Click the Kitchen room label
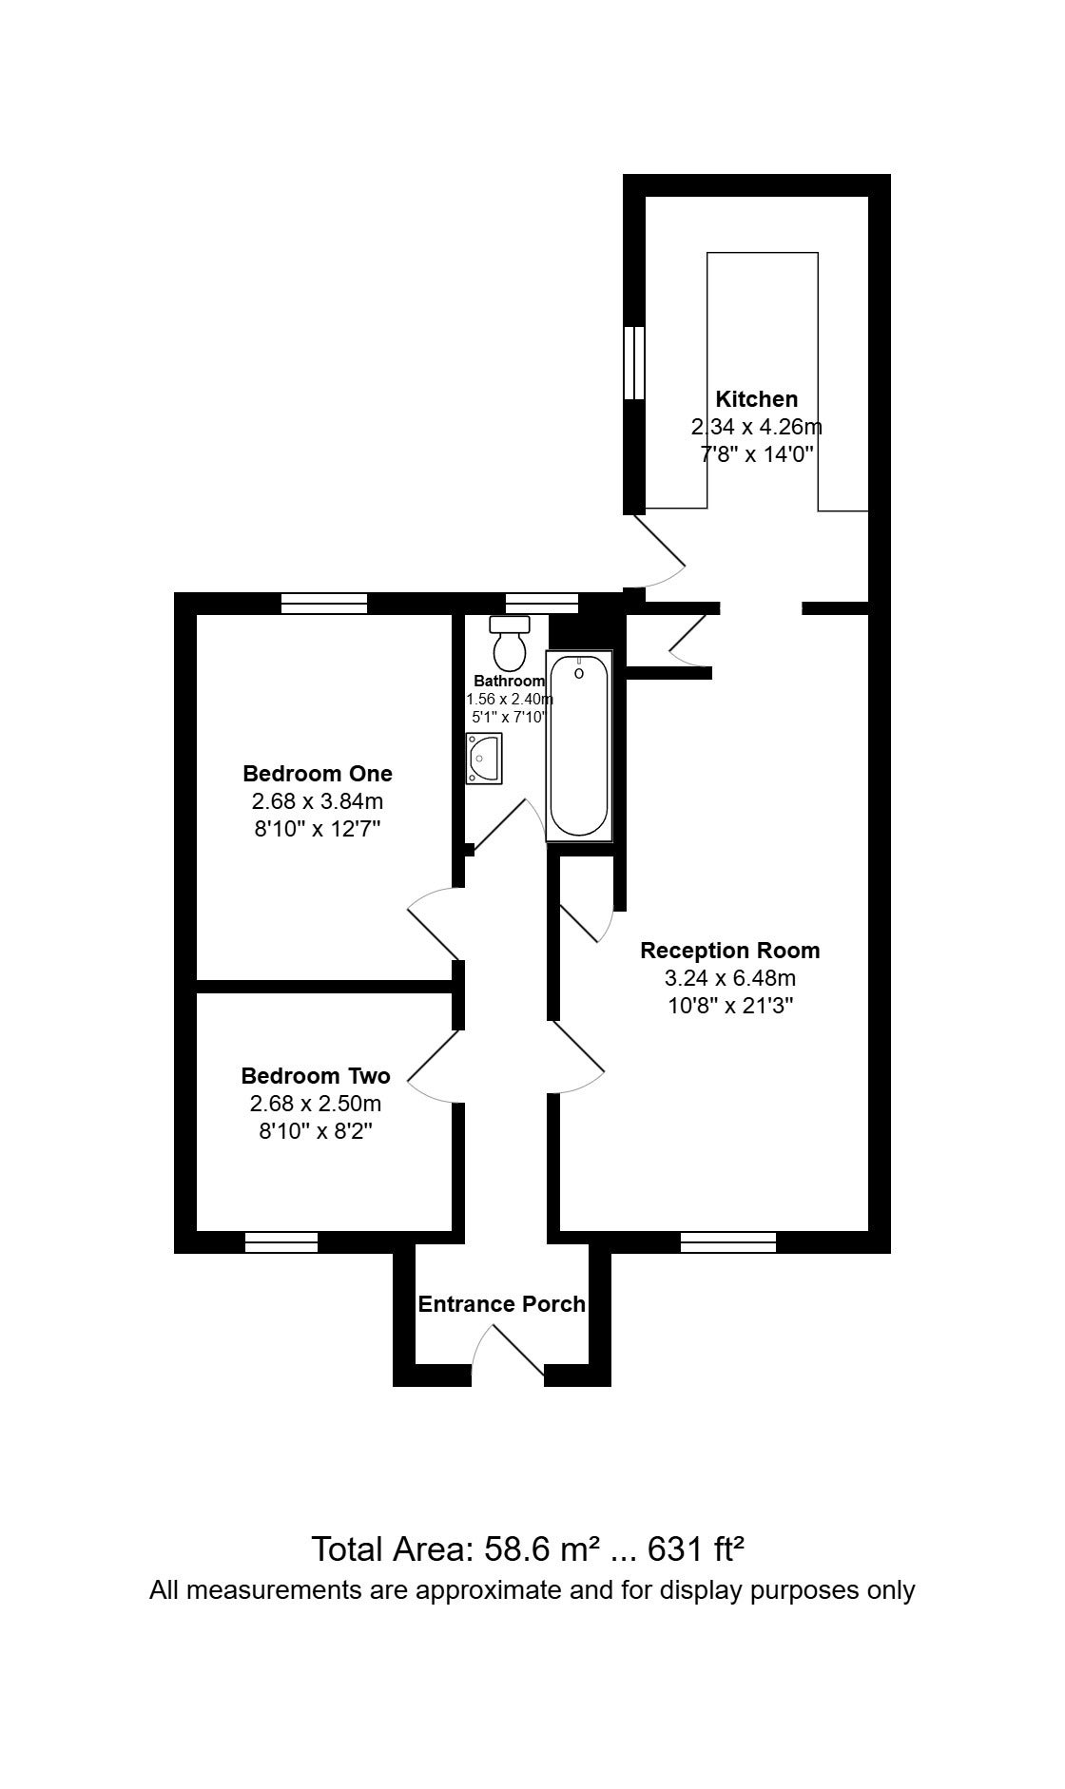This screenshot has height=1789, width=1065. click(x=756, y=399)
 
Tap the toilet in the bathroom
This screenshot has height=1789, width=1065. click(x=510, y=643)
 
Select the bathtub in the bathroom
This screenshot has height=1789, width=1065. click(x=579, y=746)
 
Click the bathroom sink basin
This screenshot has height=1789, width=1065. click(x=484, y=759)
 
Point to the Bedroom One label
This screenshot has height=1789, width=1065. click(x=318, y=773)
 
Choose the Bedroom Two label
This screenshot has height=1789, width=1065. click(x=316, y=1076)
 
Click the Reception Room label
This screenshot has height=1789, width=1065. click(x=729, y=951)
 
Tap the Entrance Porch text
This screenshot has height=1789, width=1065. click(x=502, y=1304)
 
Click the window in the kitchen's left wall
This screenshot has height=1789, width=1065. click(x=634, y=363)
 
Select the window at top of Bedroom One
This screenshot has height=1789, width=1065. click(x=324, y=604)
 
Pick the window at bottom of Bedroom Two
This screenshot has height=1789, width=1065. click(x=281, y=1241)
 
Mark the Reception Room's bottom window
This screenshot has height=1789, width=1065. click(x=728, y=1241)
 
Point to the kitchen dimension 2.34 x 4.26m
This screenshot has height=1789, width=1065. click(x=756, y=427)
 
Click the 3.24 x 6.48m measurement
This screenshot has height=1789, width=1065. click(x=730, y=978)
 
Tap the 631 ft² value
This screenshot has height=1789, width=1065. click(x=695, y=1549)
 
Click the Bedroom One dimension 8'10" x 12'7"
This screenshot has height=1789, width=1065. click(x=318, y=828)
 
